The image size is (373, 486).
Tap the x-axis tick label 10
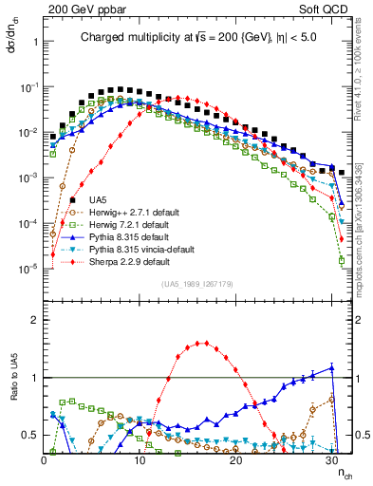pyautogui.click(x=140, y=460)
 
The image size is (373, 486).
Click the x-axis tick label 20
pyautogui.click(x=235, y=460)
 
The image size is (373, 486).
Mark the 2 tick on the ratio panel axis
pyautogui.click(x=33, y=320)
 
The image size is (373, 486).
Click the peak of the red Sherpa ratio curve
pyautogui.click(x=202, y=343)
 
